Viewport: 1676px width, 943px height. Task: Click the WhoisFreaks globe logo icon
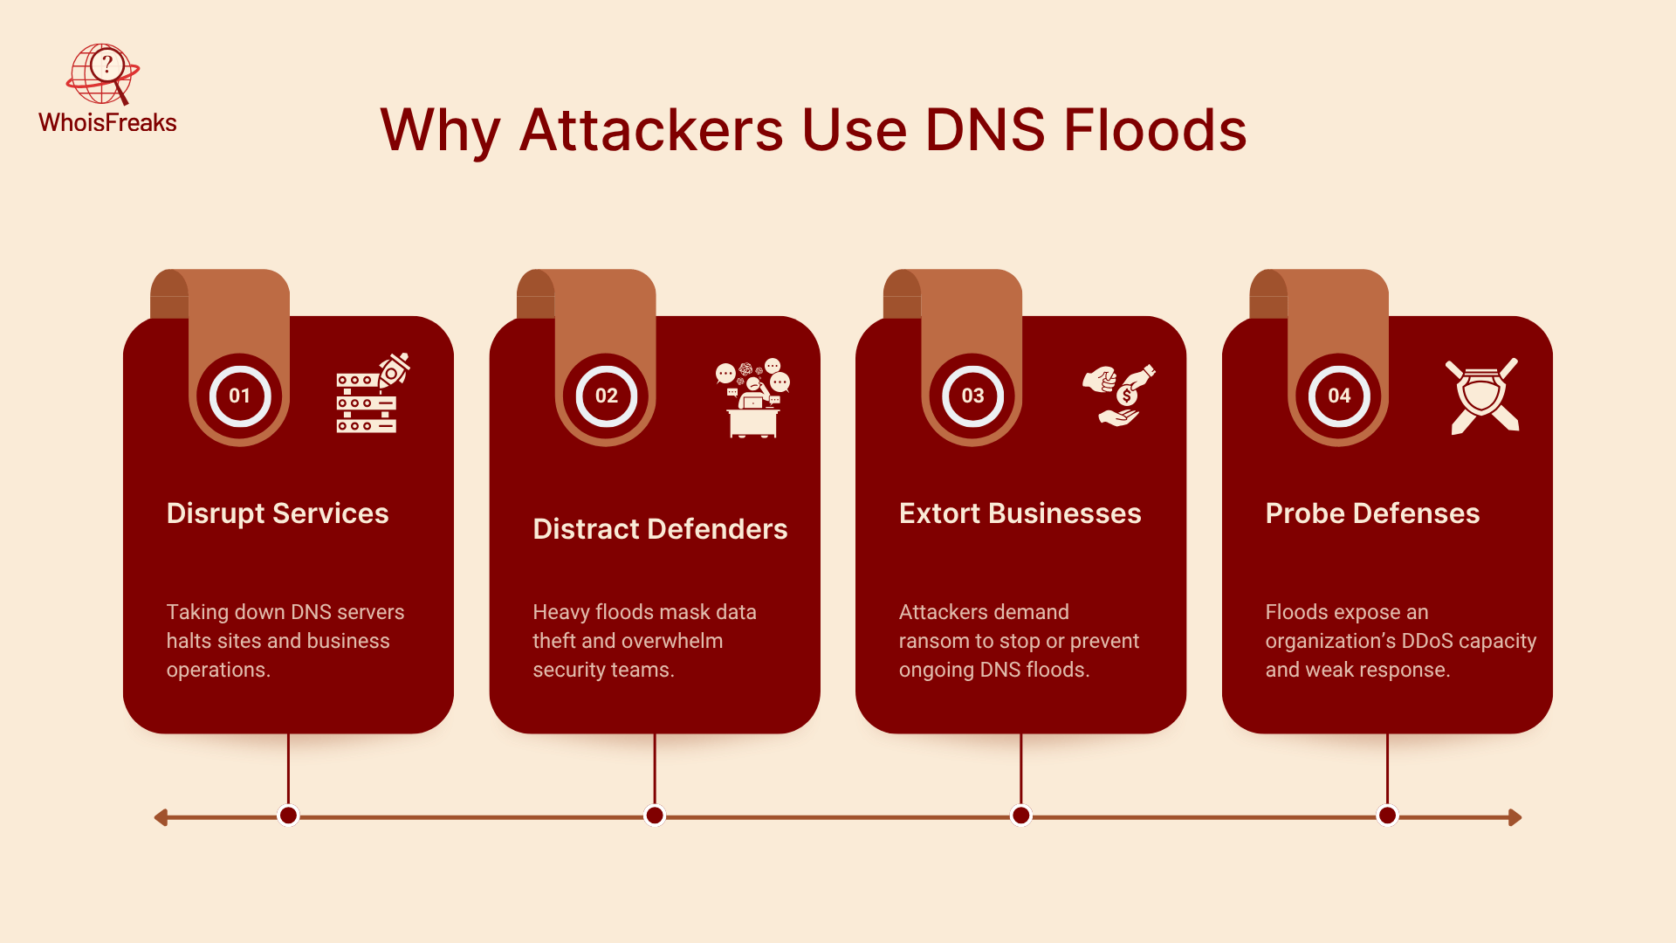(103, 73)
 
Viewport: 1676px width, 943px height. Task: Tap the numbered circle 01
(240, 396)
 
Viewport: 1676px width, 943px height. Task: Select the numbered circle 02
(607, 396)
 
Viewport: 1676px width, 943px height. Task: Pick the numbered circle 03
(972, 396)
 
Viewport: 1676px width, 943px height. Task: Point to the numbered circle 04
(1339, 396)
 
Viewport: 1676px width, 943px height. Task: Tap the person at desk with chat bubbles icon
(752, 397)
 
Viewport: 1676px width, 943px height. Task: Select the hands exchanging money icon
(1118, 395)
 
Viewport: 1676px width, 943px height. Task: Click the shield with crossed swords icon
(1482, 396)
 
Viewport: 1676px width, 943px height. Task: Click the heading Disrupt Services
(278, 513)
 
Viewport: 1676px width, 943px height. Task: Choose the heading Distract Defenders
(660, 529)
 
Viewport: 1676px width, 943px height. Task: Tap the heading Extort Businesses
(1020, 513)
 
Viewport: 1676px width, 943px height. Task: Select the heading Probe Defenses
(1372, 513)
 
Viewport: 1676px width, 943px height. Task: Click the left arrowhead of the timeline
(161, 817)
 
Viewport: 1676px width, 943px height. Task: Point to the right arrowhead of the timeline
(1515, 817)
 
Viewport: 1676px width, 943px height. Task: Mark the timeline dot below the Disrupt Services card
(288, 816)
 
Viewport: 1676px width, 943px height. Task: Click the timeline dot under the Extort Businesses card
(1020, 816)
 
